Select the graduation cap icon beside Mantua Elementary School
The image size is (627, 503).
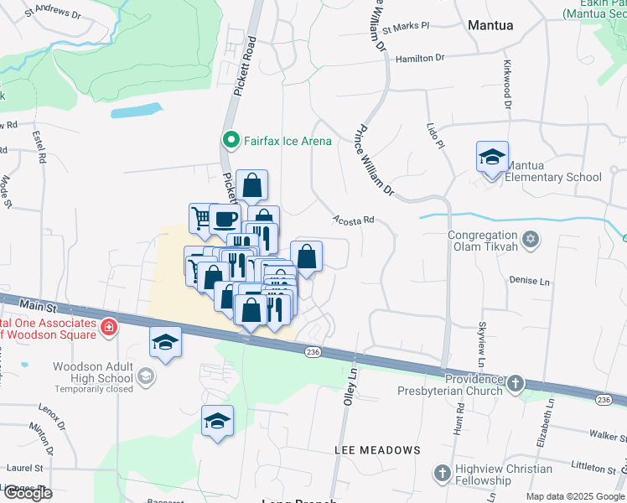(492, 157)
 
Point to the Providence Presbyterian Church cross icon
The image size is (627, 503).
(516, 383)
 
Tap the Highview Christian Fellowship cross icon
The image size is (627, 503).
(442, 474)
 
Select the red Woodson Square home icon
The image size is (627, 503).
(107, 327)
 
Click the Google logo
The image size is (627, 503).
(28, 493)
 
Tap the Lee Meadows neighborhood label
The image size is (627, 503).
(377, 450)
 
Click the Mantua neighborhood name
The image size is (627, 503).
(490, 25)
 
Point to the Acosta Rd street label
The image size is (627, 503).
(352, 220)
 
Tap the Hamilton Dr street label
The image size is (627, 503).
(420, 58)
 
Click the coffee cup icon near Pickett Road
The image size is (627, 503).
(224, 219)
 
